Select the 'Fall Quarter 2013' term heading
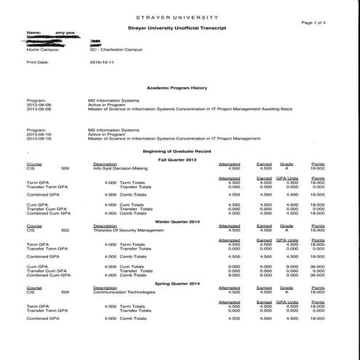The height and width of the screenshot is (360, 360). tap(180, 159)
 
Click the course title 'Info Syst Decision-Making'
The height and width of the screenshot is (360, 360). tap(120, 168)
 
